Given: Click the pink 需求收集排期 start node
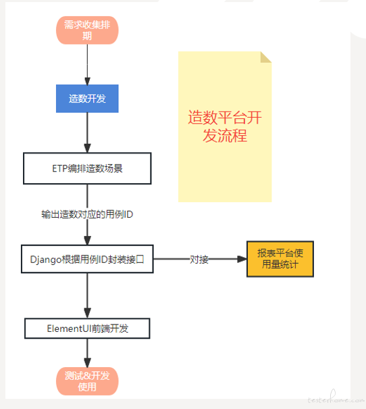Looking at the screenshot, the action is [87, 30].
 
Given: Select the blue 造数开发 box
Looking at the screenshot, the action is [87, 99].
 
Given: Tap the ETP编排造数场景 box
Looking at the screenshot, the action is [87, 168].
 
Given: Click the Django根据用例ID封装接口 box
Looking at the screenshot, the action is [87, 259].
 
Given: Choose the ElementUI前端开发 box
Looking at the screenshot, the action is [87, 329].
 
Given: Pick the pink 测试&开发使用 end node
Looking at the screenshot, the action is [87, 381].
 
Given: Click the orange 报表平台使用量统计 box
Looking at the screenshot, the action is [280, 259].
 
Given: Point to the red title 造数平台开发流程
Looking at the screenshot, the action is [225, 126].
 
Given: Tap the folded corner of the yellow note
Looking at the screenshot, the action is [265, 57].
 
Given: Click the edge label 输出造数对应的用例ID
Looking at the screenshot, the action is [87, 214].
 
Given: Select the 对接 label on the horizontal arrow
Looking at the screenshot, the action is [199, 260].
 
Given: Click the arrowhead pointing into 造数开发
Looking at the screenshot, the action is [87, 81].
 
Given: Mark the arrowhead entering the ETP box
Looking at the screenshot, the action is [87, 148].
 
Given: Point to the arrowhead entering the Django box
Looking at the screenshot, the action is [87, 241].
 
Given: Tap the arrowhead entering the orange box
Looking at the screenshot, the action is [242, 259].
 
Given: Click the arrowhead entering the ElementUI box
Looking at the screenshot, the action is [87, 314].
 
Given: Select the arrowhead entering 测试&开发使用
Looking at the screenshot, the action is [87, 363].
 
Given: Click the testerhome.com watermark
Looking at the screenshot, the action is [336, 398].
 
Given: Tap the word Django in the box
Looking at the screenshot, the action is [46, 260].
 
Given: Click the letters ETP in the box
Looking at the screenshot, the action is [60, 168].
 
